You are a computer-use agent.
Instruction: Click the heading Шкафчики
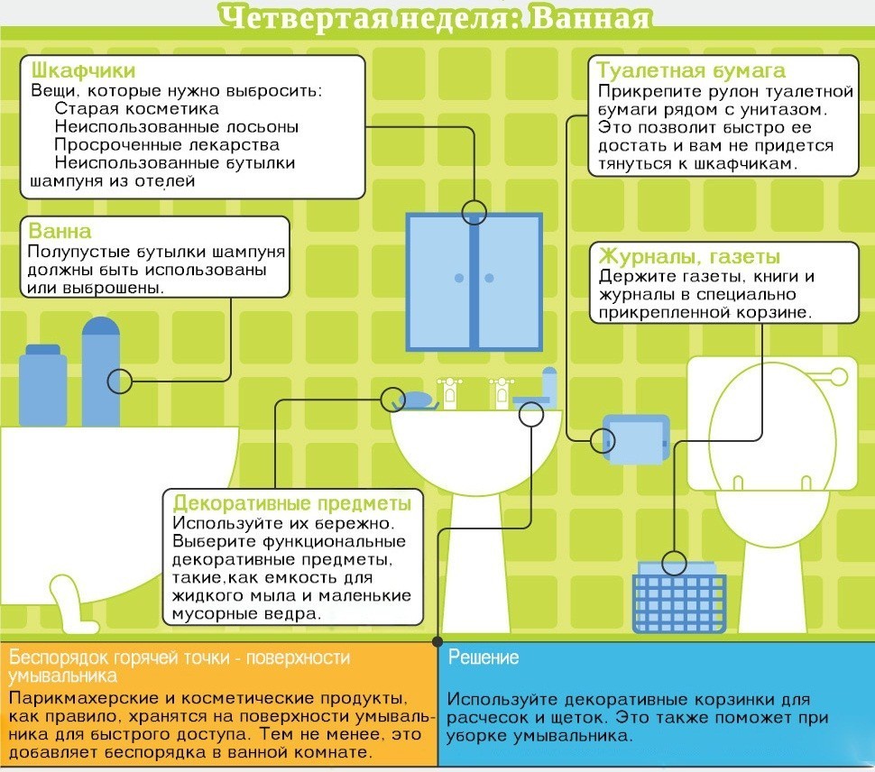(83, 71)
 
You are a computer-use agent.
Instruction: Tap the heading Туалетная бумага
(691, 71)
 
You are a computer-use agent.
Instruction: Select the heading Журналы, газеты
(689, 257)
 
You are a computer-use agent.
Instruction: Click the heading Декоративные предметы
(292, 503)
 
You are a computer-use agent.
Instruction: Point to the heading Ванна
(60, 231)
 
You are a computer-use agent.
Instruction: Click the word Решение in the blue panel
(484, 657)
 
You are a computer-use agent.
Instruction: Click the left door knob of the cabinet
(459, 278)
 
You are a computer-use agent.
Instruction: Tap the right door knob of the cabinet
(490, 278)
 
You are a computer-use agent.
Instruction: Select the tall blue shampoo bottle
(101, 372)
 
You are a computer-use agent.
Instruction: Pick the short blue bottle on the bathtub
(43, 385)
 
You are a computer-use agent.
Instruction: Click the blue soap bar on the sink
(418, 400)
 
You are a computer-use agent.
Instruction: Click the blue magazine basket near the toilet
(679, 598)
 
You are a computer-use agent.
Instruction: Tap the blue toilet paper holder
(636, 439)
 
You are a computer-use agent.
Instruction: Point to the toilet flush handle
(834, 377)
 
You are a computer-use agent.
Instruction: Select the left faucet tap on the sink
(450, 392)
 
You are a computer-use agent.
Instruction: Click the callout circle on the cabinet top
(474, 213)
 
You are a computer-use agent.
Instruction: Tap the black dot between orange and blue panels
(437, 641)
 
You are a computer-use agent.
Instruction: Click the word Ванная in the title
(591, 18)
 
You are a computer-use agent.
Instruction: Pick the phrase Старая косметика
(137, 108)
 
